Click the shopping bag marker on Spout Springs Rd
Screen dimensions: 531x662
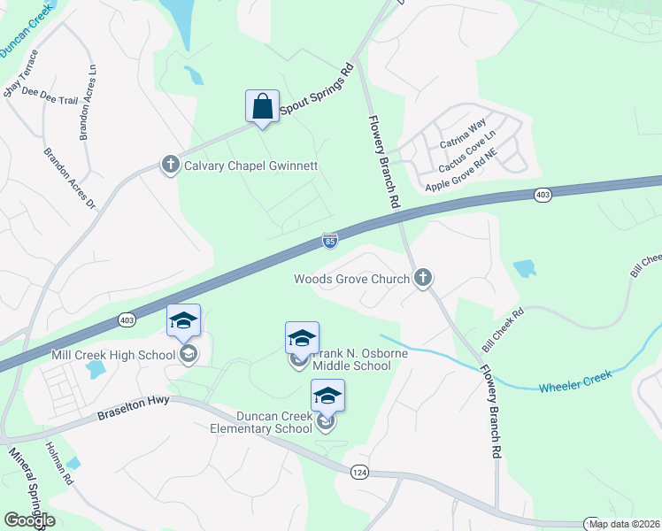pos(262,107)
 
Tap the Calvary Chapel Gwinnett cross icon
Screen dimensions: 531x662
pos(170,165)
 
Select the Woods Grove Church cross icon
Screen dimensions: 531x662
pos(423,279)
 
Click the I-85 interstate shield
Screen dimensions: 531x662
pos(329,241)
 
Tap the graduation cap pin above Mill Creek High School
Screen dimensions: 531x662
pos(184,320)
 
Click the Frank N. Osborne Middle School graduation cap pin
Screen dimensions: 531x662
pos(302,338)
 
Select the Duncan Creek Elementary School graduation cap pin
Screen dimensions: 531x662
pos(327,396)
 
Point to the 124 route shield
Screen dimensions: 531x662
pos(359,472)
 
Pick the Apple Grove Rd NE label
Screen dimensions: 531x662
pos(462,174)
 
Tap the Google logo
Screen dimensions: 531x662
pos(29,520)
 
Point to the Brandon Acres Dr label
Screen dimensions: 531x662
pos(69,178)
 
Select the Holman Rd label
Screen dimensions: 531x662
pos(59,463)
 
